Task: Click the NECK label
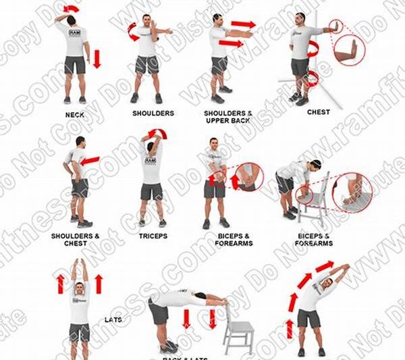[x=75, y=115]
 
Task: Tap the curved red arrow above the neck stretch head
[x=70, y=9]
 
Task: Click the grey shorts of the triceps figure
[x=151, y=192]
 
